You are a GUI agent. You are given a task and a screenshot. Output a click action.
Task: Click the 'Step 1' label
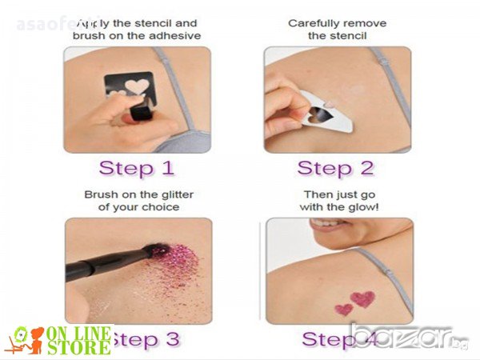tap(137, 168)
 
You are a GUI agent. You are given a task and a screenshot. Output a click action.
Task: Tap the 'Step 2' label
tap(335, 168)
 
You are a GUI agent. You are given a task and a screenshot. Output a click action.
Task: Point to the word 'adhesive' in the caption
tap(174, 36)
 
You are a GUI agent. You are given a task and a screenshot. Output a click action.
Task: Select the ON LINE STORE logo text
tap(79, 340)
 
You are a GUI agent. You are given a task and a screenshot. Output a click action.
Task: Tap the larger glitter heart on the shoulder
tap(362, 298)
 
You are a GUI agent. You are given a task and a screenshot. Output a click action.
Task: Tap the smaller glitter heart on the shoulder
tap(343, 309)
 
